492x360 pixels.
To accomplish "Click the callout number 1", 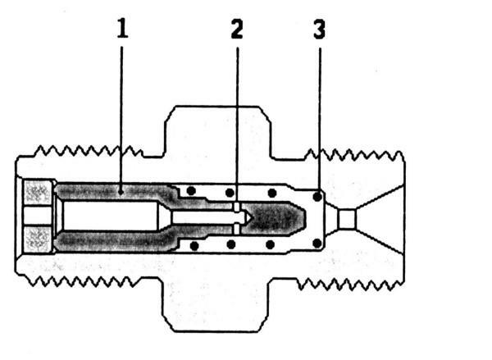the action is pyautogui.click(x=123, y=28).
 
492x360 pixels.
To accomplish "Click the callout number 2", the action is pyautogui.click(x=237, y=29).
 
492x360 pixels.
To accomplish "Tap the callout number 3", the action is pyautogui.click(x=320, y=30).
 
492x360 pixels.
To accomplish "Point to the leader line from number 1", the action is pyautogui.click(x=121, y=118).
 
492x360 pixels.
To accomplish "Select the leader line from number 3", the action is pyautogui.click(x=320, y=121).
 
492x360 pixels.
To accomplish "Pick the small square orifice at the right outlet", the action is pyautogui.click(x=347, y=219).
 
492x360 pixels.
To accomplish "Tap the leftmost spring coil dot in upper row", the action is pyautogui.click(x=191, y=191).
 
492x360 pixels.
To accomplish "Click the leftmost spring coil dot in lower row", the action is pyautogui.click(x=194, y=246).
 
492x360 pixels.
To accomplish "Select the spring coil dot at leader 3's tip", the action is pyautogui.click(x=317, y=197).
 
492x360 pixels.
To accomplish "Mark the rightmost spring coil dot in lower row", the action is pyautogui.click(x=317, y=243).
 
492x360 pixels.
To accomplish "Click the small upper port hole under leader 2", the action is pyautogui.click(x=237, y=206).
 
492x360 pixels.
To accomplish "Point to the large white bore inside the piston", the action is pyautogui.click(x=110, y=216).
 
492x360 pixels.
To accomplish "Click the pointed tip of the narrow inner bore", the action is pyautogui.click(x=250, y=217).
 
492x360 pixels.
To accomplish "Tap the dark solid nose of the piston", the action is pyautogui.click(x=272, y=218).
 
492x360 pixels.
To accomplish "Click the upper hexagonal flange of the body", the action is pyautogui.click(x=217, y=132).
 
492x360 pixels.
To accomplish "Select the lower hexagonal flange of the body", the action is pyautogui.click(x=216, y=304).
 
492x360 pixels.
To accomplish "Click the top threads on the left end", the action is pyautogui.click(x=89, y=151).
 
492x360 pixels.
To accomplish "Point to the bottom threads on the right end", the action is pyautogui.click(x=350, y=285).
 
